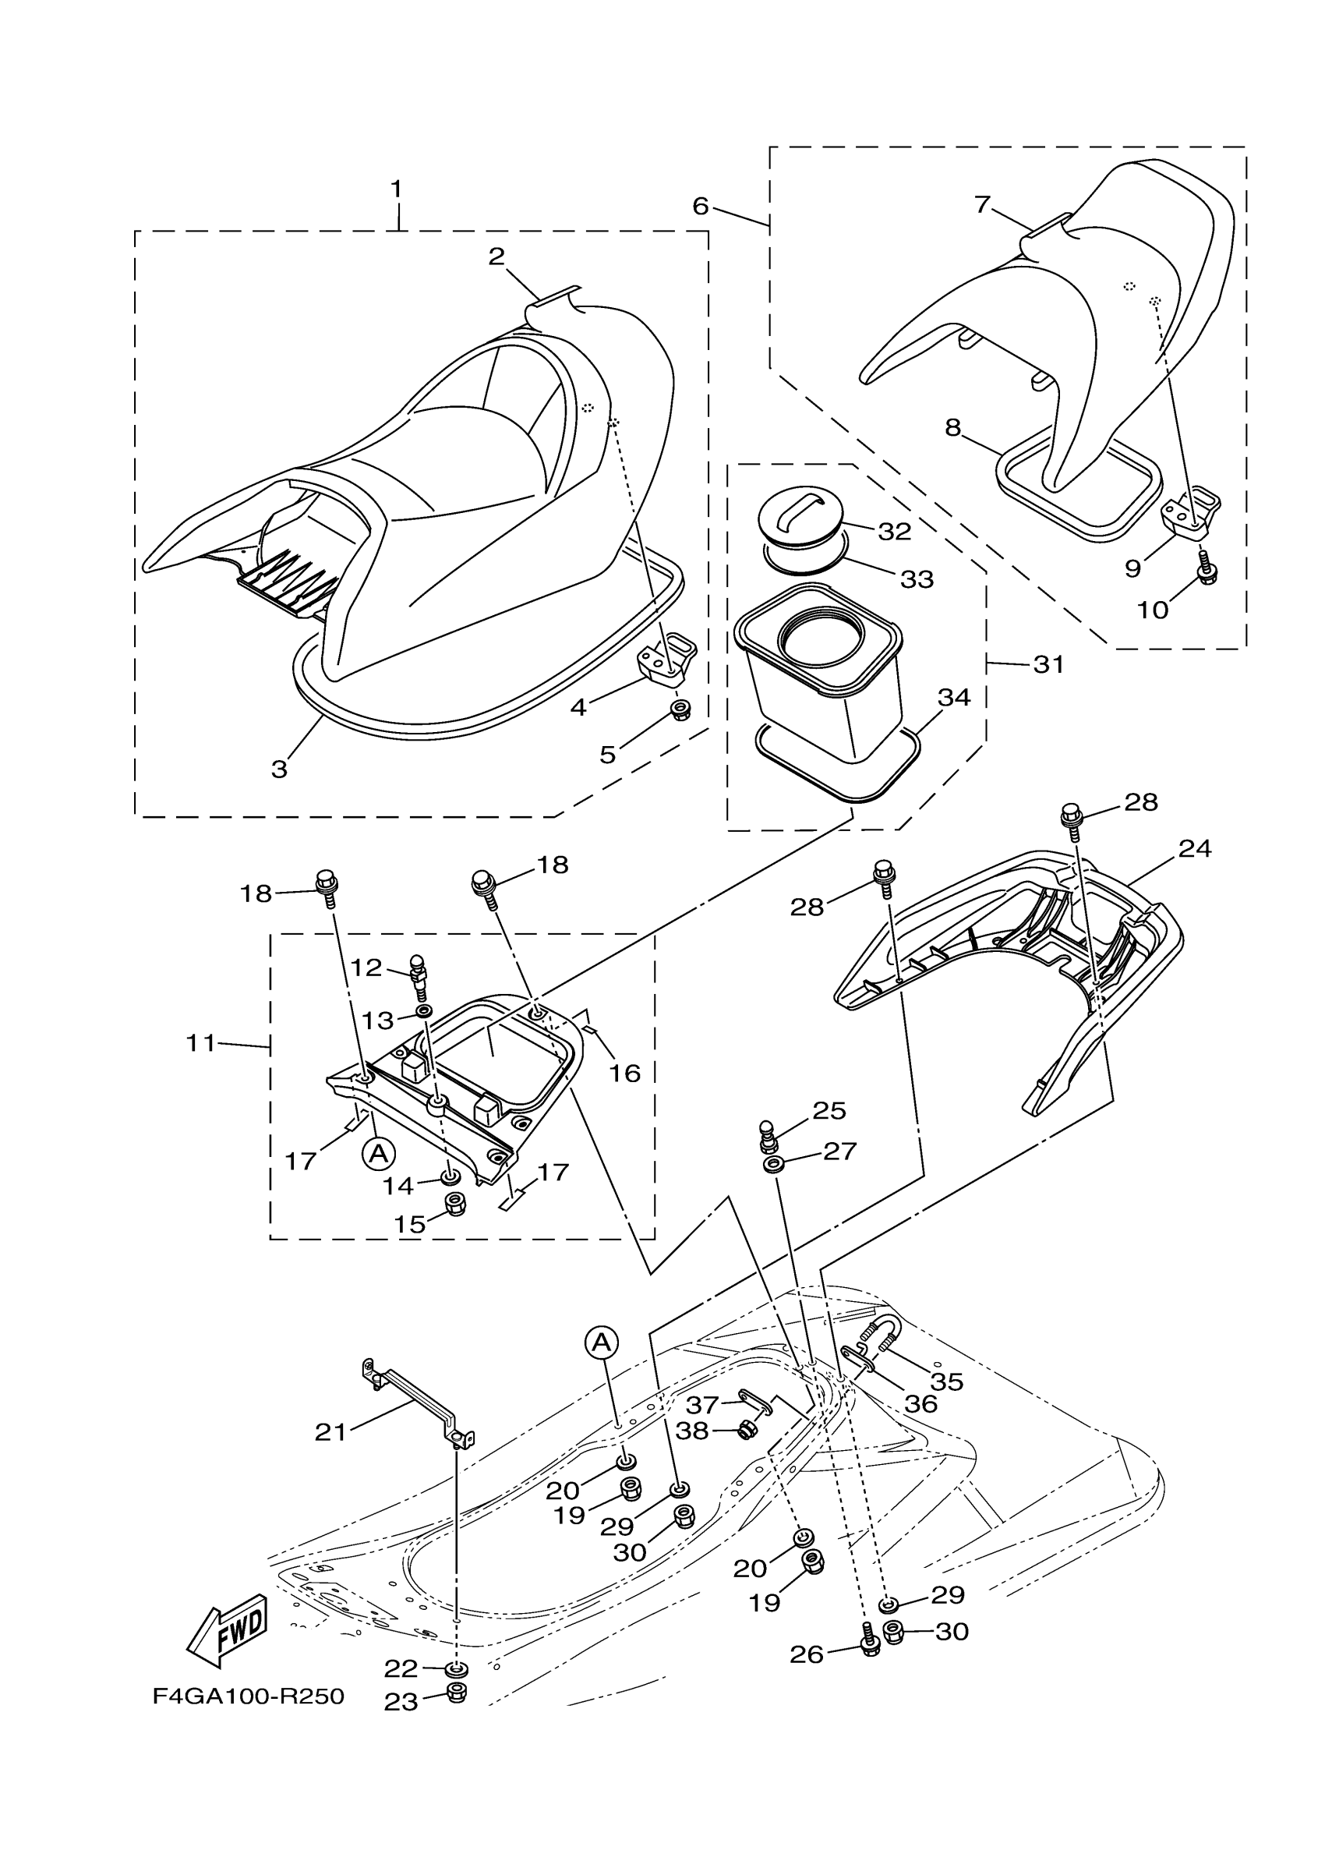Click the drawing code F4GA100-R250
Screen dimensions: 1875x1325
(x=248, y=1697)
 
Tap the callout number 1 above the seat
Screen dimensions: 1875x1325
(x=397, y=189)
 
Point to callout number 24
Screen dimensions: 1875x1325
(x=1193, y=849)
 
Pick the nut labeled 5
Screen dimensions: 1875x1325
(x=678, y=709)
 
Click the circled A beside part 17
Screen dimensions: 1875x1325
(x=378, y=1152)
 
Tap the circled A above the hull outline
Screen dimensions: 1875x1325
(x=601, y=1341)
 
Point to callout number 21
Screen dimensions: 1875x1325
(x=331, y=1431)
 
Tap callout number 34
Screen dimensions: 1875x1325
(x=952, y=698)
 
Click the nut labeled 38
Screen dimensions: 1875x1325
(x=744, y=1430)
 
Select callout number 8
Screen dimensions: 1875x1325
(x=952, y=427)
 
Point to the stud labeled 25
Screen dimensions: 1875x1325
(x=769, y=1134)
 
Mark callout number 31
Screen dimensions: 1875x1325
(x=1049, y=665)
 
